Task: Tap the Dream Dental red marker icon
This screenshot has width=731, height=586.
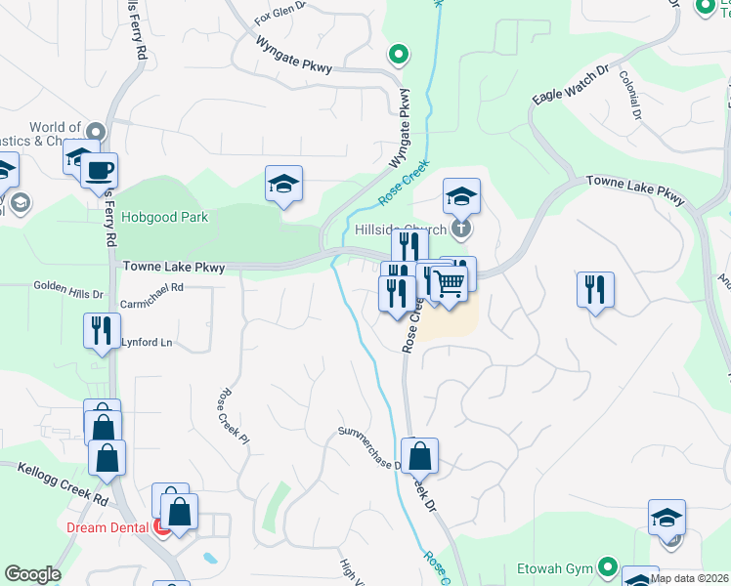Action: tap(163, 527)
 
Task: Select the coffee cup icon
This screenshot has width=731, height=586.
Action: tap(100, 171)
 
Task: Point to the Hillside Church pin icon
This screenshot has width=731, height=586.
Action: tap(463, 230)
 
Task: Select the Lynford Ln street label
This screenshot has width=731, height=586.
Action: tap(147, 343)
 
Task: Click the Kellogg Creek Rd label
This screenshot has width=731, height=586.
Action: tap(63, 483)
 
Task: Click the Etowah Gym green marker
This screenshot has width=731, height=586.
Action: tap(608, 566)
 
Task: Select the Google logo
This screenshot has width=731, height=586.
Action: tap(31, 574)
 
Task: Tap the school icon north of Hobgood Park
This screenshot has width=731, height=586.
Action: tap(283, 183)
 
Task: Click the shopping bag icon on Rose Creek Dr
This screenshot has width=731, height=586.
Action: tap(419, 455)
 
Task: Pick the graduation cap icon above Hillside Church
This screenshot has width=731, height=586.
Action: tap(461, 195)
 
